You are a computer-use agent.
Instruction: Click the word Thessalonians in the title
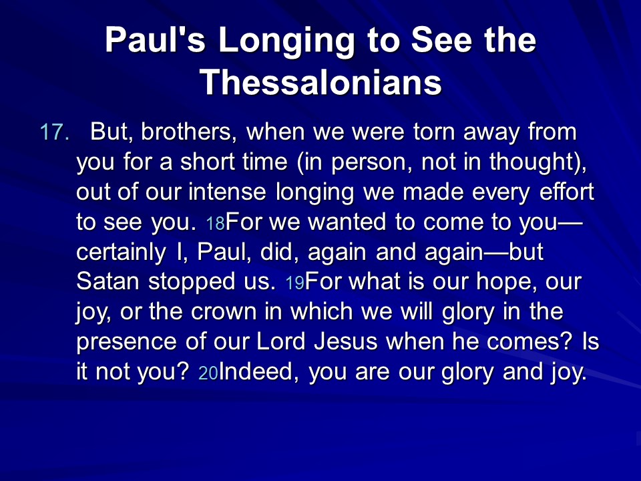tap(320, 82)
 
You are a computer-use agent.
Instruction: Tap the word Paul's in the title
tap(155, 39)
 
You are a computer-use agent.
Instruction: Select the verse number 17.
tap(55, 132)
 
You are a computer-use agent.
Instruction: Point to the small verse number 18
tap(215, 223)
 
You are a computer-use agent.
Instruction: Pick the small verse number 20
tap(208, 373)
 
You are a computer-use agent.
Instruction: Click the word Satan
tap(108, 281)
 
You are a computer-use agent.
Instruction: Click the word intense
tap(227, 192)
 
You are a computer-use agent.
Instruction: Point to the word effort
tap(567, 192)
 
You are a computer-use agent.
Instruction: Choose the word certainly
tap(121, 253)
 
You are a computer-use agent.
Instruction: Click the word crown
tap(223, 312)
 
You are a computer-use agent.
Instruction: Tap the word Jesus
tap(346, 341)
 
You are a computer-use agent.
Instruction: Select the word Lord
tap(281, 341)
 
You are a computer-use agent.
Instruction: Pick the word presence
tap(126, 343)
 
